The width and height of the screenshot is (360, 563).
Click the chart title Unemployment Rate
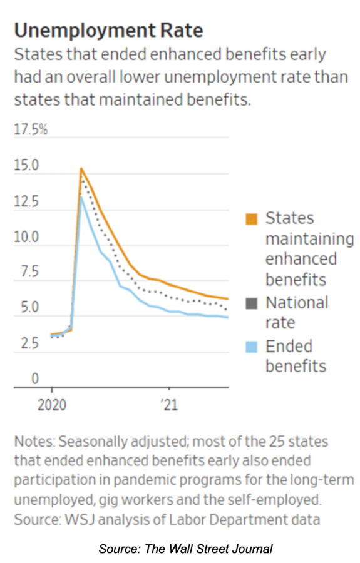[108, 30]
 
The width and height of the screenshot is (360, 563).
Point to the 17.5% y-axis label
[31, 129]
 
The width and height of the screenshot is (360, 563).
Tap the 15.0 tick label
[26, 165]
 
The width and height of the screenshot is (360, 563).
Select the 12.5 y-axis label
[26, 201]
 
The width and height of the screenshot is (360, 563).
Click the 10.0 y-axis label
[26, 237]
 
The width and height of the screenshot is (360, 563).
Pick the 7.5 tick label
[29, 272]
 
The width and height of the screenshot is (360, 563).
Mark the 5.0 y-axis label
[29, 307]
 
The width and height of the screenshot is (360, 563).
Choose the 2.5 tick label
[29, 343]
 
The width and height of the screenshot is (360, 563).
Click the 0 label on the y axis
[35, 378]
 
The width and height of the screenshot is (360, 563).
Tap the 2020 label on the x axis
[52, 405]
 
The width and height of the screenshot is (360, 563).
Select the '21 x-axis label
[169, 405]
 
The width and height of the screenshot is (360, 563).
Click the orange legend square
[252, 219]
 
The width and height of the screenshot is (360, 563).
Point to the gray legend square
[252, 303]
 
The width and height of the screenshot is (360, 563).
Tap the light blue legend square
[252, 347]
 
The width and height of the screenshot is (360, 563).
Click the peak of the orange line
[81, 168]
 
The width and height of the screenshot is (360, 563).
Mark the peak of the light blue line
[81, 196]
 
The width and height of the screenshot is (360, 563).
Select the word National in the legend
[297, 303]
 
